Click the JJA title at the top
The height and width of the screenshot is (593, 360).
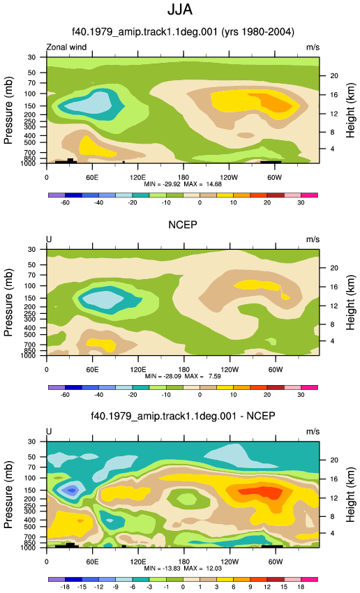(x=180, y=10)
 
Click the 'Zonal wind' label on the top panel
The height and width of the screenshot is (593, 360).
(x=66, y=47)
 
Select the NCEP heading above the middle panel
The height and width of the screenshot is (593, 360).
(x=183, y=225)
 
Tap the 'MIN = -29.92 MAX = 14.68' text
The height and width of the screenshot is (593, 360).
(x=183, y=184)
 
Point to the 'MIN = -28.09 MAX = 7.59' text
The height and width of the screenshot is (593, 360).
(x=183, y=376)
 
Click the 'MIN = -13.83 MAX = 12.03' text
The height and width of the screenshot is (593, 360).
(x=183, y=569)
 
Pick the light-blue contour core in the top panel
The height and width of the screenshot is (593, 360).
(x=88, y=103)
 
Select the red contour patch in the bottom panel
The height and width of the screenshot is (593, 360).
(x=260, y=493)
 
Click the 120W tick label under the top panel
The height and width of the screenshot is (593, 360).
(x=229, y=177)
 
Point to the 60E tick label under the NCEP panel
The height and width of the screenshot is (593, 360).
(x=92, y=370)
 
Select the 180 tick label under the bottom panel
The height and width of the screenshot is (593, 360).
(x=183, y=562)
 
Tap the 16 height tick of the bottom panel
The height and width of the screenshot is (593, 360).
(x=334, y=479)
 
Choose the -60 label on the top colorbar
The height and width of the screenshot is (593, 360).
(x=65, y=202)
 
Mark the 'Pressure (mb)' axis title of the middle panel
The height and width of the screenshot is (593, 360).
(x=8, y=303)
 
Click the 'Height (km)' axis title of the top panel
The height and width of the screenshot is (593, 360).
(x=350, y=110)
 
